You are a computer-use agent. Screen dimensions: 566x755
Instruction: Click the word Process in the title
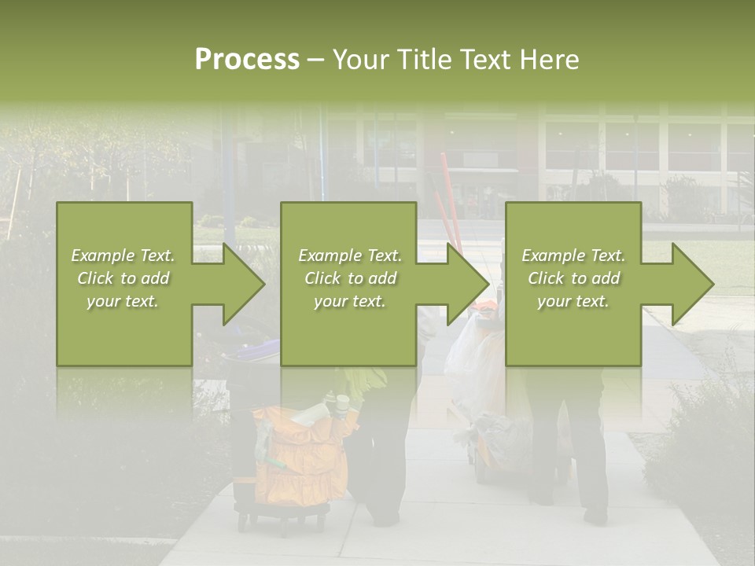pos(247,60)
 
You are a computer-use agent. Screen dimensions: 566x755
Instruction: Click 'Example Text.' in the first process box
pos(123,255)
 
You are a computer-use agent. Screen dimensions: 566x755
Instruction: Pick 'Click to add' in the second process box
pos(350,278)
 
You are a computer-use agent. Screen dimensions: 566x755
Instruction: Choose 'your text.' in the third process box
pos(573,301)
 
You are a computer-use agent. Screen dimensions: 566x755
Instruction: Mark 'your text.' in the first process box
pos(123,301)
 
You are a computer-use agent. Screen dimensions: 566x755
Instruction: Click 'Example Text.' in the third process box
pos(573,255)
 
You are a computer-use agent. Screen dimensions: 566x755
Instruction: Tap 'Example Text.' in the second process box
pos(350,255)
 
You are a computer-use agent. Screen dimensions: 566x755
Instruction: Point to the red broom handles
pos(451,204)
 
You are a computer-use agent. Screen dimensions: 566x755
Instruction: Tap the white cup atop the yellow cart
pos(343,404)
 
